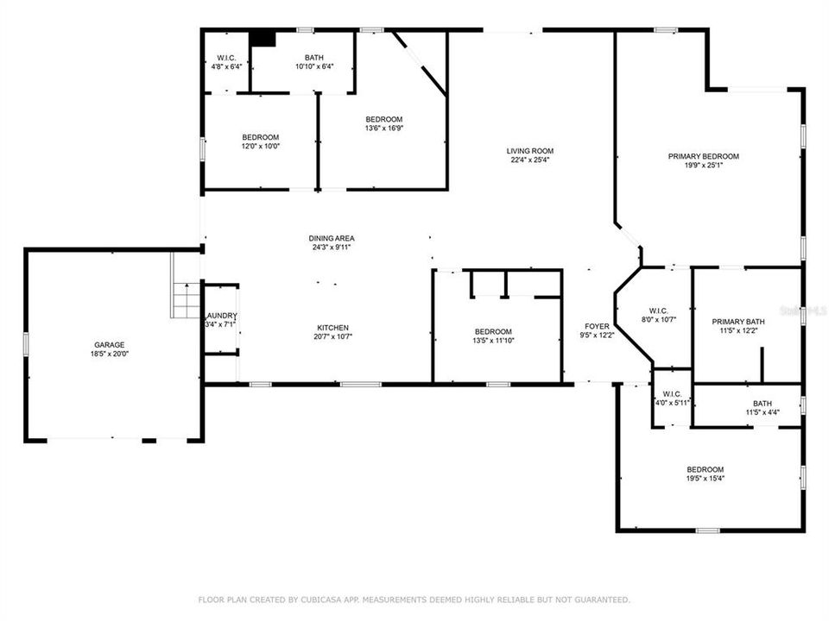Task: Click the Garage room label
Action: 110,343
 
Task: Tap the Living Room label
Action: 529,151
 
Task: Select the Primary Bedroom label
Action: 703,156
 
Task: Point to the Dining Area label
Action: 332,238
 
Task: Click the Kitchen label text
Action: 332,328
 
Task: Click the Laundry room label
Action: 220,316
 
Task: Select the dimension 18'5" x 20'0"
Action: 110,354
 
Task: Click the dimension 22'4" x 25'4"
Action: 529,160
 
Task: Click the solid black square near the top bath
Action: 262,39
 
